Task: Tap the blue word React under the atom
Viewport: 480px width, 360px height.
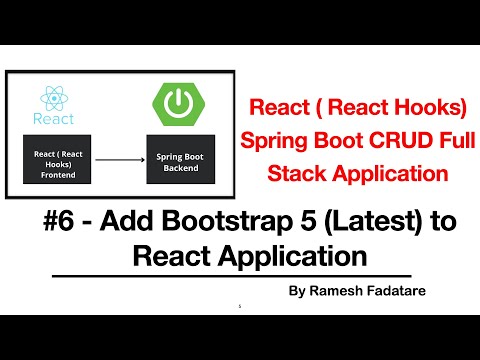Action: click(x=53, y=119)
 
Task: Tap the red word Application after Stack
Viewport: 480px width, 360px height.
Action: click(x=383, y=172)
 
